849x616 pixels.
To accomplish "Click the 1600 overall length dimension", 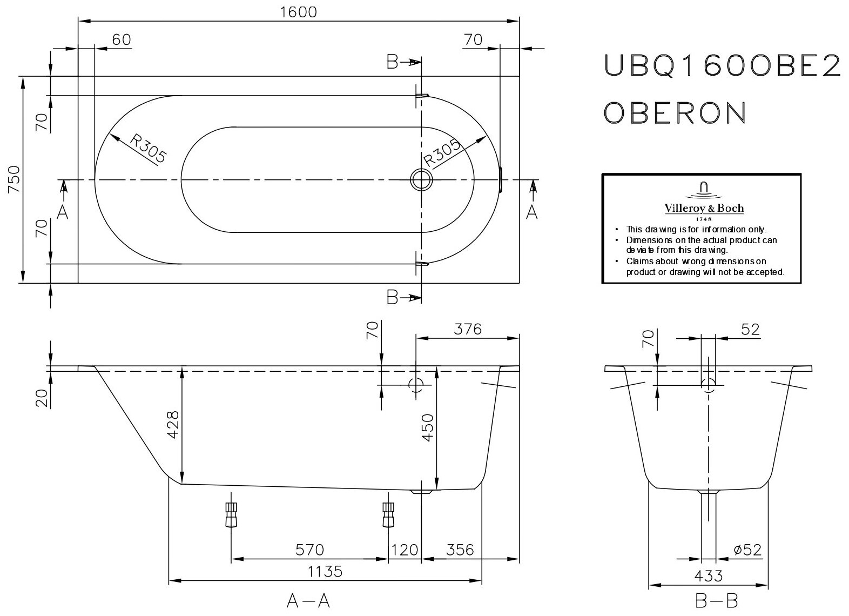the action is tap(299, 12).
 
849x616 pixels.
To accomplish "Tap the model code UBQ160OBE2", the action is tap(722, 66).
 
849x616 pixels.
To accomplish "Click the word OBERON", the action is tap(675, 112).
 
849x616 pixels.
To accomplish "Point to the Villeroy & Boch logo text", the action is tap(703, 208).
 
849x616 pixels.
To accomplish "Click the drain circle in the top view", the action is tap(421, 179).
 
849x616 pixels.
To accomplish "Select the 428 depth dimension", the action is tap(173, 425).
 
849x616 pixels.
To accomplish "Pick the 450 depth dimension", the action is tap(427, 428).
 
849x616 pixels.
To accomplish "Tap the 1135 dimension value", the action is tap(326, 571).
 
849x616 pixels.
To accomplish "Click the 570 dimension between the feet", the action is tap(309, 550).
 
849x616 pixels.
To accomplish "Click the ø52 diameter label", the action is tap(747, 550).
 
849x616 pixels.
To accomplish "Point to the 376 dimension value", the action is tap(467, 329).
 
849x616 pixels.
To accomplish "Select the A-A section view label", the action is tap(308, 601).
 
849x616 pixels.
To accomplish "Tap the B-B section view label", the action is tap(709, 601).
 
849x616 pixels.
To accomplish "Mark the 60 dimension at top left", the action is tap(122, 39).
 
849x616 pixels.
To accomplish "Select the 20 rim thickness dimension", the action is tap(44, 397).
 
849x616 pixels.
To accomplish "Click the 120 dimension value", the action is tap(405, 550).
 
